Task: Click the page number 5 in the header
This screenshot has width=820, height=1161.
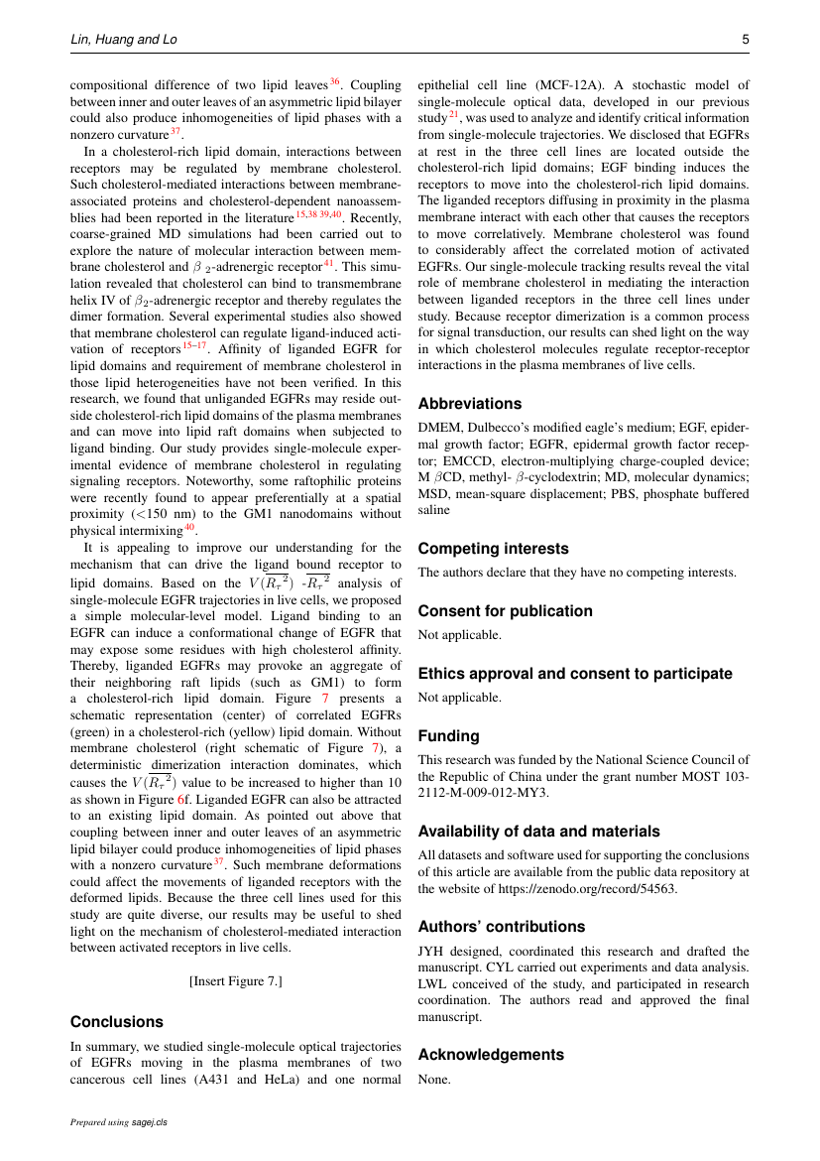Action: [x=745, y=40]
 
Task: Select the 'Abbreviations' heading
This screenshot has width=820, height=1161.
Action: [x=469, y=404]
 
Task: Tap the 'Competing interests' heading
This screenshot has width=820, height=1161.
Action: [x=493, y=549]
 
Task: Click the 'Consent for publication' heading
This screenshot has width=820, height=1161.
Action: [x=505, y=611]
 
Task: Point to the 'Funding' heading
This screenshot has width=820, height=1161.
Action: [x=448, y=736]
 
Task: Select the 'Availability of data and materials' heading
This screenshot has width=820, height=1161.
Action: [x=538, y=832]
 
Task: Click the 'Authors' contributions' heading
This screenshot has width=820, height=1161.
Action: [x=502, y=927]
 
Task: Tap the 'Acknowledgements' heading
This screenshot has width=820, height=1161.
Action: [x=491, y=1055]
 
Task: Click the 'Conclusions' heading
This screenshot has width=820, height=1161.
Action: [x=117, y=1022]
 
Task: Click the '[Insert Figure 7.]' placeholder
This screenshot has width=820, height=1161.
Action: [x=236, y=981]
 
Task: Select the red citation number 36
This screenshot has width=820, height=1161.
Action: [x=335, y=81]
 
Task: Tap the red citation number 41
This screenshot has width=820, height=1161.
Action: [x=330, y=264]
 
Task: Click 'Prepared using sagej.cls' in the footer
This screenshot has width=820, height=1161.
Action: [x=119, y=1122]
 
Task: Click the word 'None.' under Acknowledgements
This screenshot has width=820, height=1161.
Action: [x=434, y=1078]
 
